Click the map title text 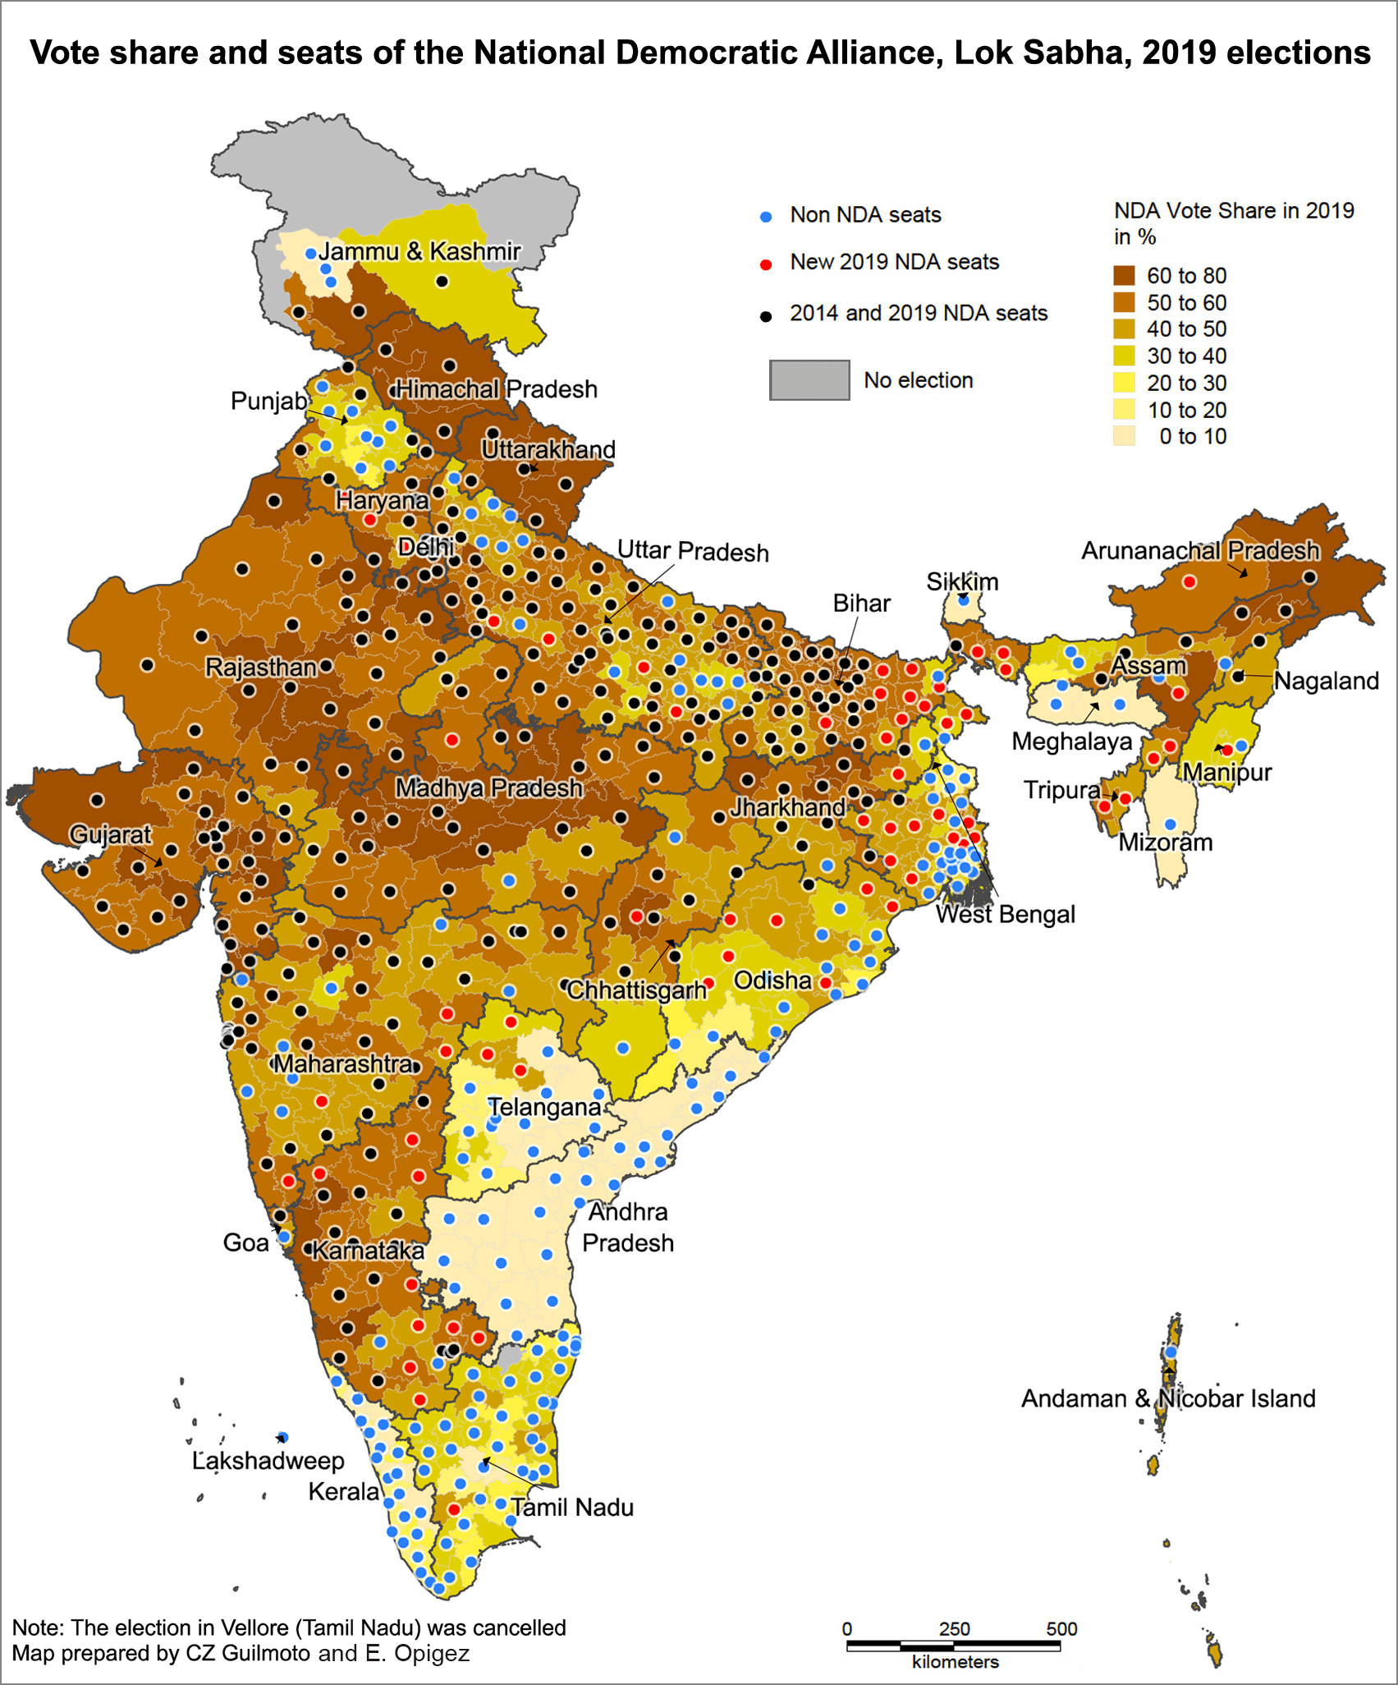(699, 53)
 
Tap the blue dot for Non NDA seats (766, 217)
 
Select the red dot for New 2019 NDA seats (766, 264)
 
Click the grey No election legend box (809, 380)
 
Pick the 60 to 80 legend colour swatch (1125, 276)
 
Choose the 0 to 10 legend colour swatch (1125, 436)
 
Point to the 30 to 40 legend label (1186, 356)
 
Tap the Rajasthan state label (260, 667)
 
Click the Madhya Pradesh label (488, 788)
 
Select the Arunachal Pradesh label (1200, 550)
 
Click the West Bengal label (1005, 915)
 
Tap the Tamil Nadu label (572, 1508)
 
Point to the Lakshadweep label (268, 1461)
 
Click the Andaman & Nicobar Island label (1167, 1398)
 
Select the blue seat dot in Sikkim (964, 600)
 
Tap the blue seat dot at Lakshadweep (282, 1437)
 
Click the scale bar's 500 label (1061, 1629)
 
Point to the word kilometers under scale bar (955, 1662)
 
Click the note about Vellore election (289, 1628)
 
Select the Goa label (245, 1242)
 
